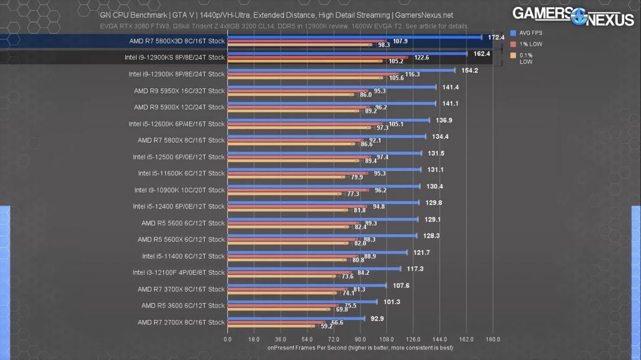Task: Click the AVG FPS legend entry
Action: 529,33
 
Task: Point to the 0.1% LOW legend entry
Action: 526,58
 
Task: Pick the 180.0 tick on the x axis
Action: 493,340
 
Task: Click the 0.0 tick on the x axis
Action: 228,340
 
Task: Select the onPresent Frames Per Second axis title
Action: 360,347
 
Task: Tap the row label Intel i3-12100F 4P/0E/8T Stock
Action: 178,272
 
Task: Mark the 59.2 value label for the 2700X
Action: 326,326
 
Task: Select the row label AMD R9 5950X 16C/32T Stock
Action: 179,91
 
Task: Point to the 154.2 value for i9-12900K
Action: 469,71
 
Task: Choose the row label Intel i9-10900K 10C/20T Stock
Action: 179,190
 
